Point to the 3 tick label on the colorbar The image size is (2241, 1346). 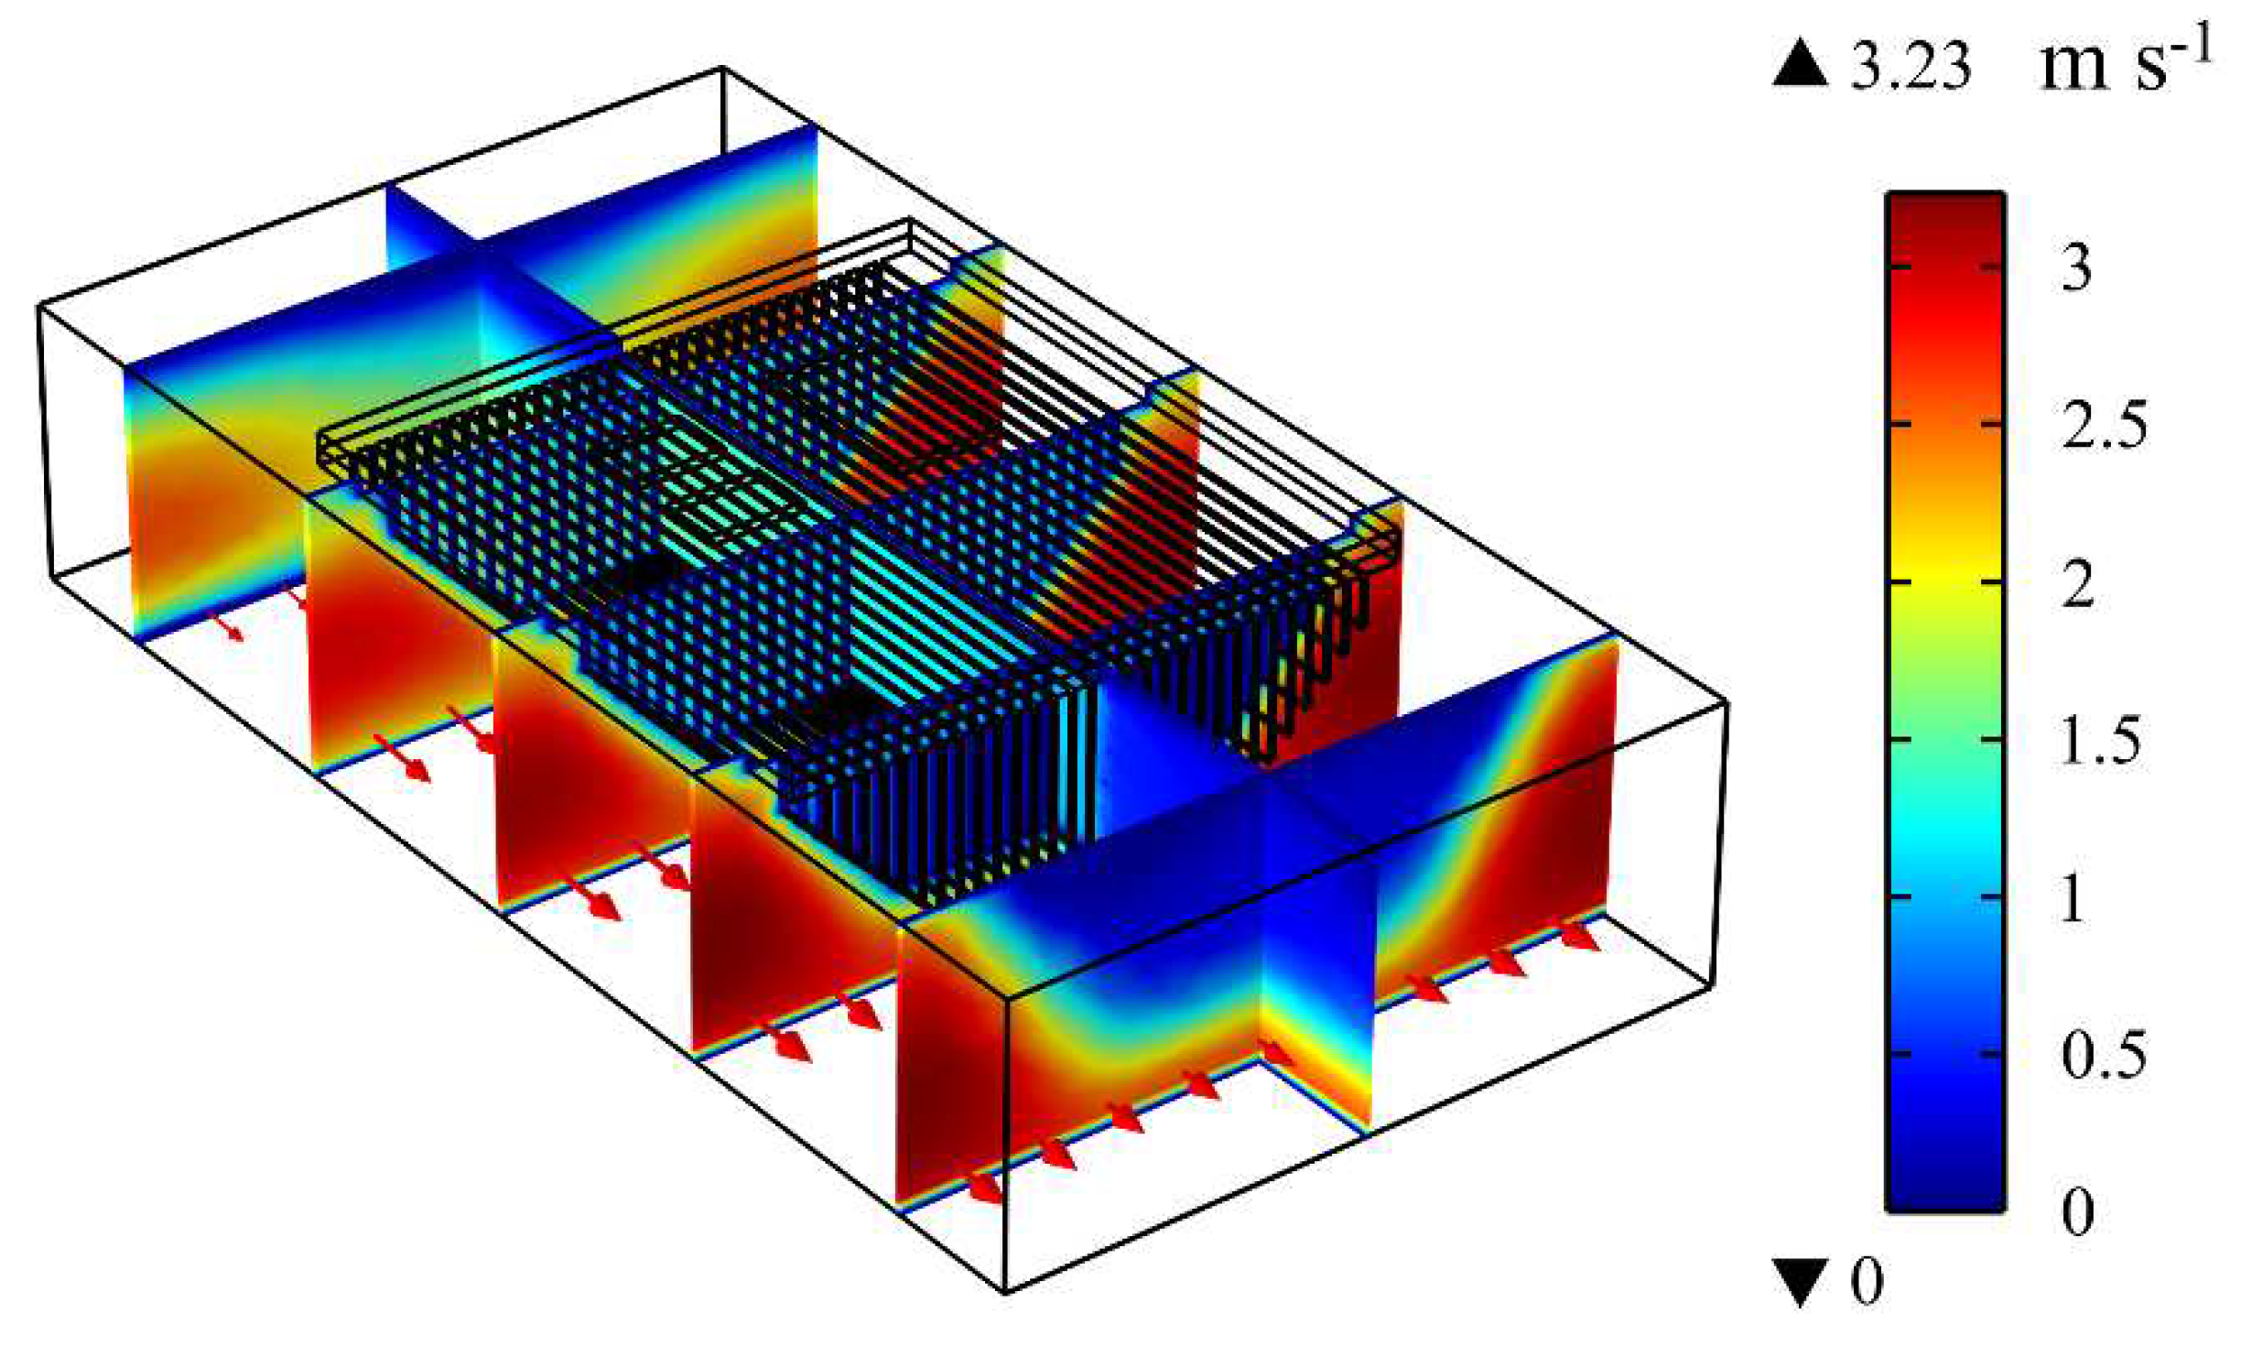pyautogui.click(x=2076, y=267)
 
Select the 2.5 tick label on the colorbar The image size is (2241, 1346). pyautogui.click(x=2104, y=425)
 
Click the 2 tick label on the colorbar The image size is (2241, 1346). pyautogui.click(x=2077, y=582)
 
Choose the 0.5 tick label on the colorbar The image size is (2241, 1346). pyautogui.click(x=2104, y=1055)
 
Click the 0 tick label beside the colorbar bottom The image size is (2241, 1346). pyautogui.click(x=2077, y=1211)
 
